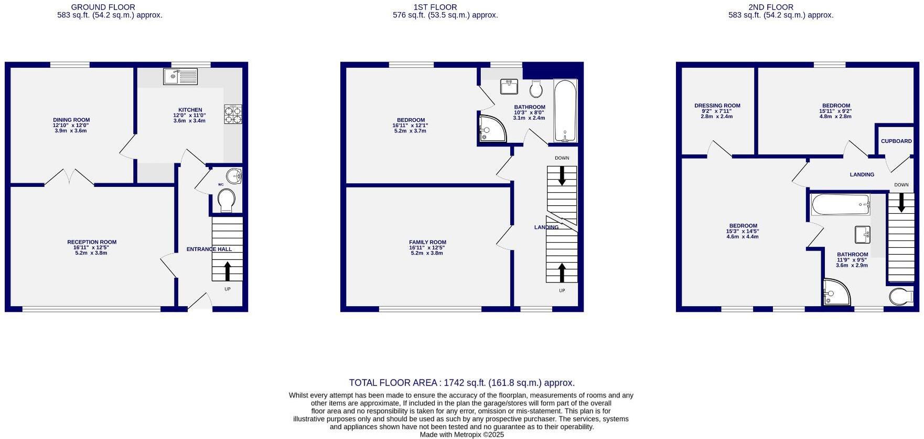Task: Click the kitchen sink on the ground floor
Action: click(180, 77)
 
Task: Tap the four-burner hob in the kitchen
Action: click(233, 114)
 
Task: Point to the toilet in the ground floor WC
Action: click(226, 201)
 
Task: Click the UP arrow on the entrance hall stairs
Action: click(227, 271)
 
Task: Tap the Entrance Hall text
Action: click(209, 249)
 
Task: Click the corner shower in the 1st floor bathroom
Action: click(491, 129)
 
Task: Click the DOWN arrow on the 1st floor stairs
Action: click(562, 176)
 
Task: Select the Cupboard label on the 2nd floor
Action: click(896, 141)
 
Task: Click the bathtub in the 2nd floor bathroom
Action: click(840, 204)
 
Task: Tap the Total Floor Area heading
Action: click(461, 383)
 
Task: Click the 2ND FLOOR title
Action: click(770, 7)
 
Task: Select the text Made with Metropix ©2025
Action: click(461, 434)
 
